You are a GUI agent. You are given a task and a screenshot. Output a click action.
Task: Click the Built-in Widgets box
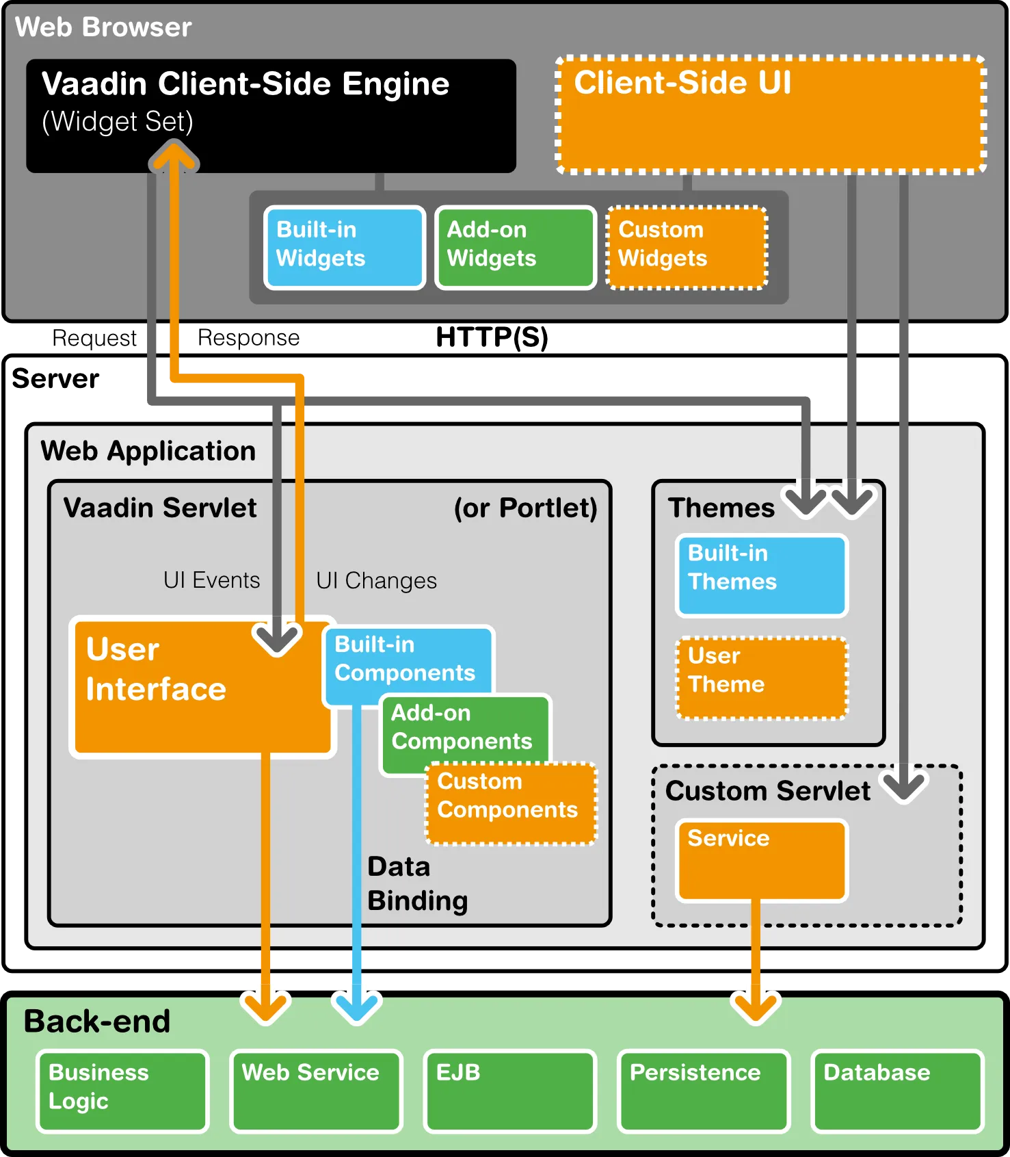pyautogui.click(x=345, y=247)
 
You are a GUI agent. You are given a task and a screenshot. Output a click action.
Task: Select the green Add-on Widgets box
pyautogui.click(x=516, y=247)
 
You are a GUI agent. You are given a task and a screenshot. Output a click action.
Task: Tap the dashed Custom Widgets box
pyautogui.click(x=687, y=247)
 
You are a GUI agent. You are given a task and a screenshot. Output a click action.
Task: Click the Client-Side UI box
pyautogui.click(x=771, y=114)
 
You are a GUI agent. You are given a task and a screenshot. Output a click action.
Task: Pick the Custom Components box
pyautogui.click(x=511, y=803)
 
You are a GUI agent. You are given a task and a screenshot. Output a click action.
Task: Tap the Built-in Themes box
pyautogui.click(x=761, y=575)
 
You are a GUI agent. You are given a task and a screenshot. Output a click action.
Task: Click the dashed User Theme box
pyautogui.click(x=761, y=678)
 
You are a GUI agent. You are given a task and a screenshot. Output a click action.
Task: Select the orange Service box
pyautogui.click(x=761, y=860)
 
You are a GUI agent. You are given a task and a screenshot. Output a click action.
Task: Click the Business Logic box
pyautogui.click(x=122, y=1090)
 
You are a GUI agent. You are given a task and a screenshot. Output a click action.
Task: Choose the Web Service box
pyautogui.click(x=316, y=1090)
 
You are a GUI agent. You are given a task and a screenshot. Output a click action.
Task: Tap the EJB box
pyautogui.click(x=509, y=1090)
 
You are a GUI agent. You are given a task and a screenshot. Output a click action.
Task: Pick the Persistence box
pyautogui.click(x=704, y=1090)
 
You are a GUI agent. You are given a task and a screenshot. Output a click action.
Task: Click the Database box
pyautogui.click(x=897, y=1090)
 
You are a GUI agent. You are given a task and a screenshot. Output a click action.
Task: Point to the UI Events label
pyautogui.click(x=211, y=580)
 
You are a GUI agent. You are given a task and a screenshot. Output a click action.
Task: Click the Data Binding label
pyautogui.click(x=417, y=884)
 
